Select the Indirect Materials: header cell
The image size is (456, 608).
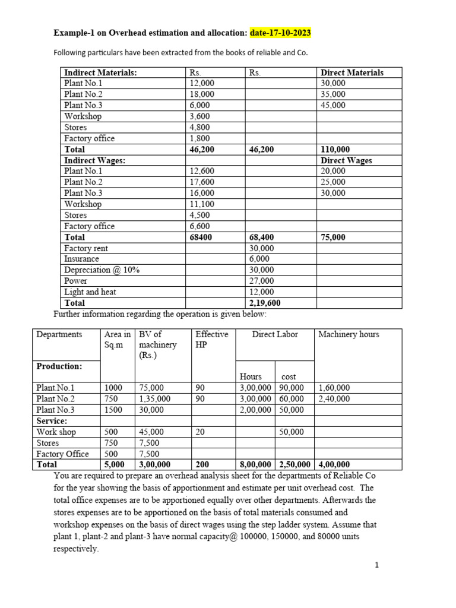100,72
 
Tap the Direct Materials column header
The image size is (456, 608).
352,72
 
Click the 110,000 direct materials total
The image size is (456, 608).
335,150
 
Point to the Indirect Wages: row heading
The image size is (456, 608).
94,160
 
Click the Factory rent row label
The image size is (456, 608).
86,248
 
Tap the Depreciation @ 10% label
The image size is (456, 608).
102,270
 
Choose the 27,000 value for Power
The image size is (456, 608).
262,281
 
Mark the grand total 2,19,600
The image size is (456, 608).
265,303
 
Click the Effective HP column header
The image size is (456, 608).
211,340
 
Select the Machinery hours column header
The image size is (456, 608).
349,334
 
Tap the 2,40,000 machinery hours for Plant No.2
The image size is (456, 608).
334,399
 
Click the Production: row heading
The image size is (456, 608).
59,366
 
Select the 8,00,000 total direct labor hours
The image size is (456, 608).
256,465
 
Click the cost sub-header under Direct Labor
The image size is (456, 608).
288,377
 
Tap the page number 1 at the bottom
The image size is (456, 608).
376,565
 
